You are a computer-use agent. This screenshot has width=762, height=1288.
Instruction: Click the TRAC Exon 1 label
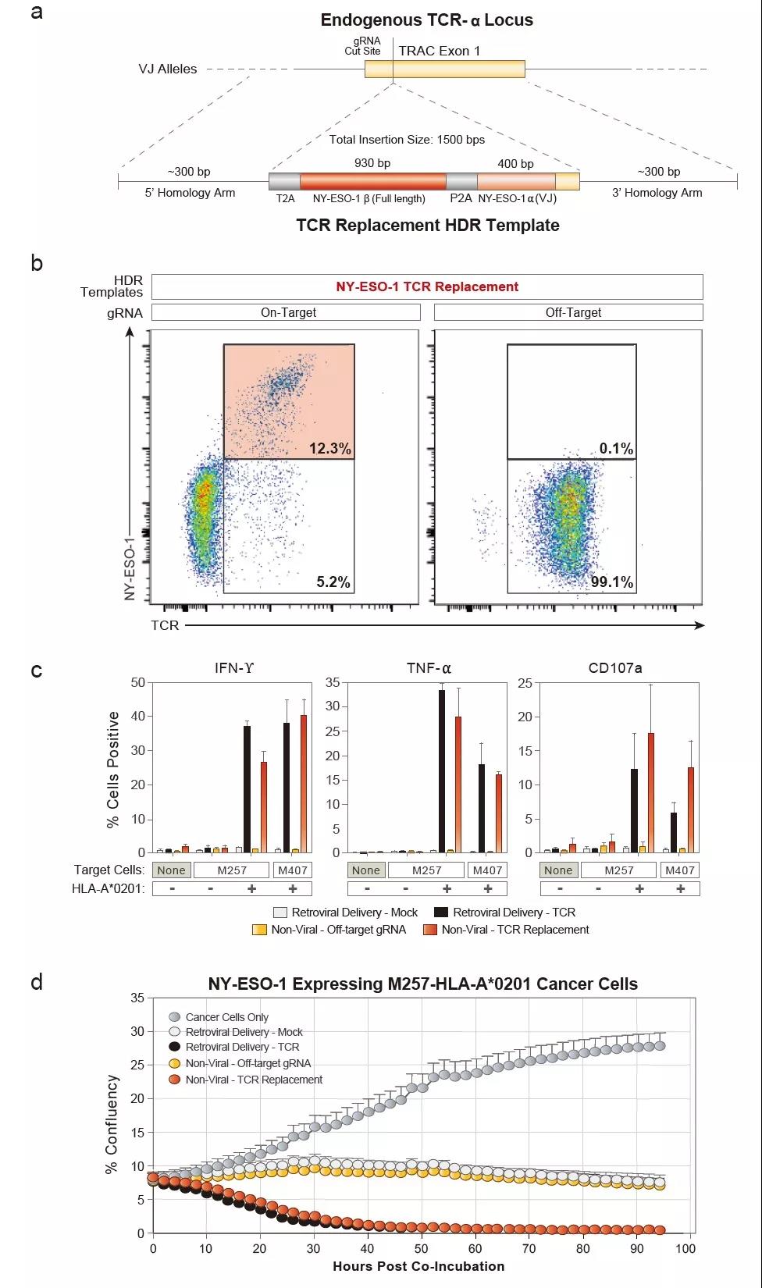click(x=440, y=51)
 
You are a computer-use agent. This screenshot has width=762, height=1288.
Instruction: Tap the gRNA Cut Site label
click(x=363, y=46)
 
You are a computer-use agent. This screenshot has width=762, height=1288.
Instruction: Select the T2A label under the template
click(x=285, y=198)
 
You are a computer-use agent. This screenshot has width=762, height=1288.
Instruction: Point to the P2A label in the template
click(x=461, y=198)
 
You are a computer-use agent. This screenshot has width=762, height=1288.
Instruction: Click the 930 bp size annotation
click(x=372, y=163)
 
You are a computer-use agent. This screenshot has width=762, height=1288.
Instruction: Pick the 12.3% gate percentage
click(x=329, y=449)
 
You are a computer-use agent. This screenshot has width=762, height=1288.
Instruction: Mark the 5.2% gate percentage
click(x=333, y=582)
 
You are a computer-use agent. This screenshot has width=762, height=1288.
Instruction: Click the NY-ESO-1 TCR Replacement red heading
click(x=427, y=286)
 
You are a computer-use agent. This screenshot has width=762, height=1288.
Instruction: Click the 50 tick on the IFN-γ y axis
click(x=138, y=682)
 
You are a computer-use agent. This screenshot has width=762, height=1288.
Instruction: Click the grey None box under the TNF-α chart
click(x=365, y=870)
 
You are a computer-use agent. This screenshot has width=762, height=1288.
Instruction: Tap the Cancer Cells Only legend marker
click(x=174, y=1017)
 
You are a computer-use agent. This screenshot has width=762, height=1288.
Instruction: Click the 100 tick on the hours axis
click(x=685, y=1248)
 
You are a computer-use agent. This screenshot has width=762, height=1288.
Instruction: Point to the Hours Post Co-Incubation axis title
click(x=418, y=1266)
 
